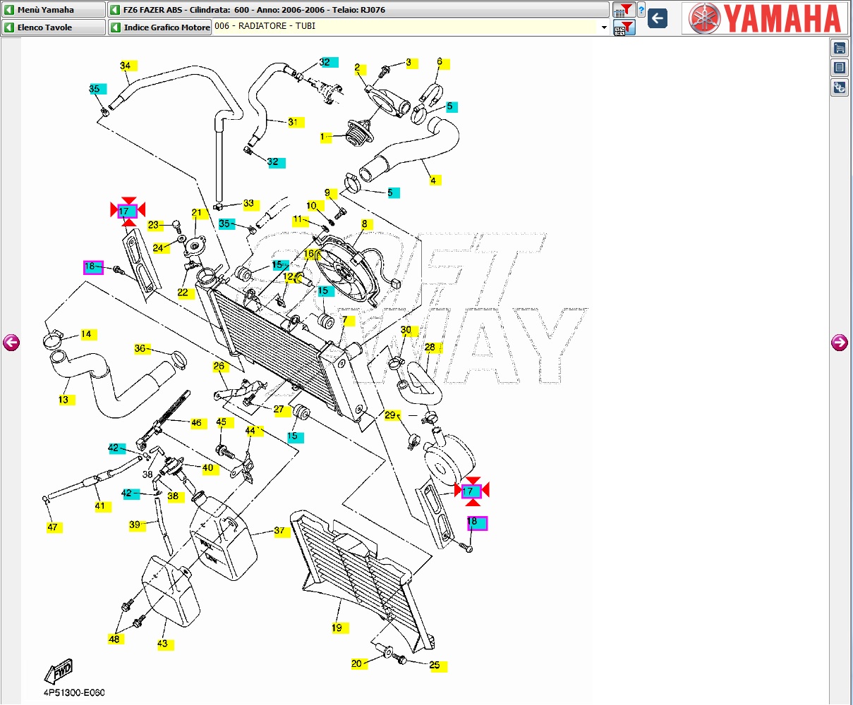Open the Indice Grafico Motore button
coord(160,27)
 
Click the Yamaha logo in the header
coord(765,18)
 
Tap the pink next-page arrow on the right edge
coord(840,343)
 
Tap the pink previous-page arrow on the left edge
coord(11,343)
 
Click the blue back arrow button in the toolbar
coord(658,18)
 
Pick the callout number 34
coord(125,66)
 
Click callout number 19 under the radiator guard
coord(337,627)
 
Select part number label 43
coord(163,644)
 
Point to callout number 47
coord(53,527)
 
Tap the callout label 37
coord(280,531)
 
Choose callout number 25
coord(435,665)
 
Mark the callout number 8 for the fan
coord(365,224)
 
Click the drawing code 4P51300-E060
coord(74,692)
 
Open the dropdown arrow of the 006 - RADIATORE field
coord(604,27)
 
